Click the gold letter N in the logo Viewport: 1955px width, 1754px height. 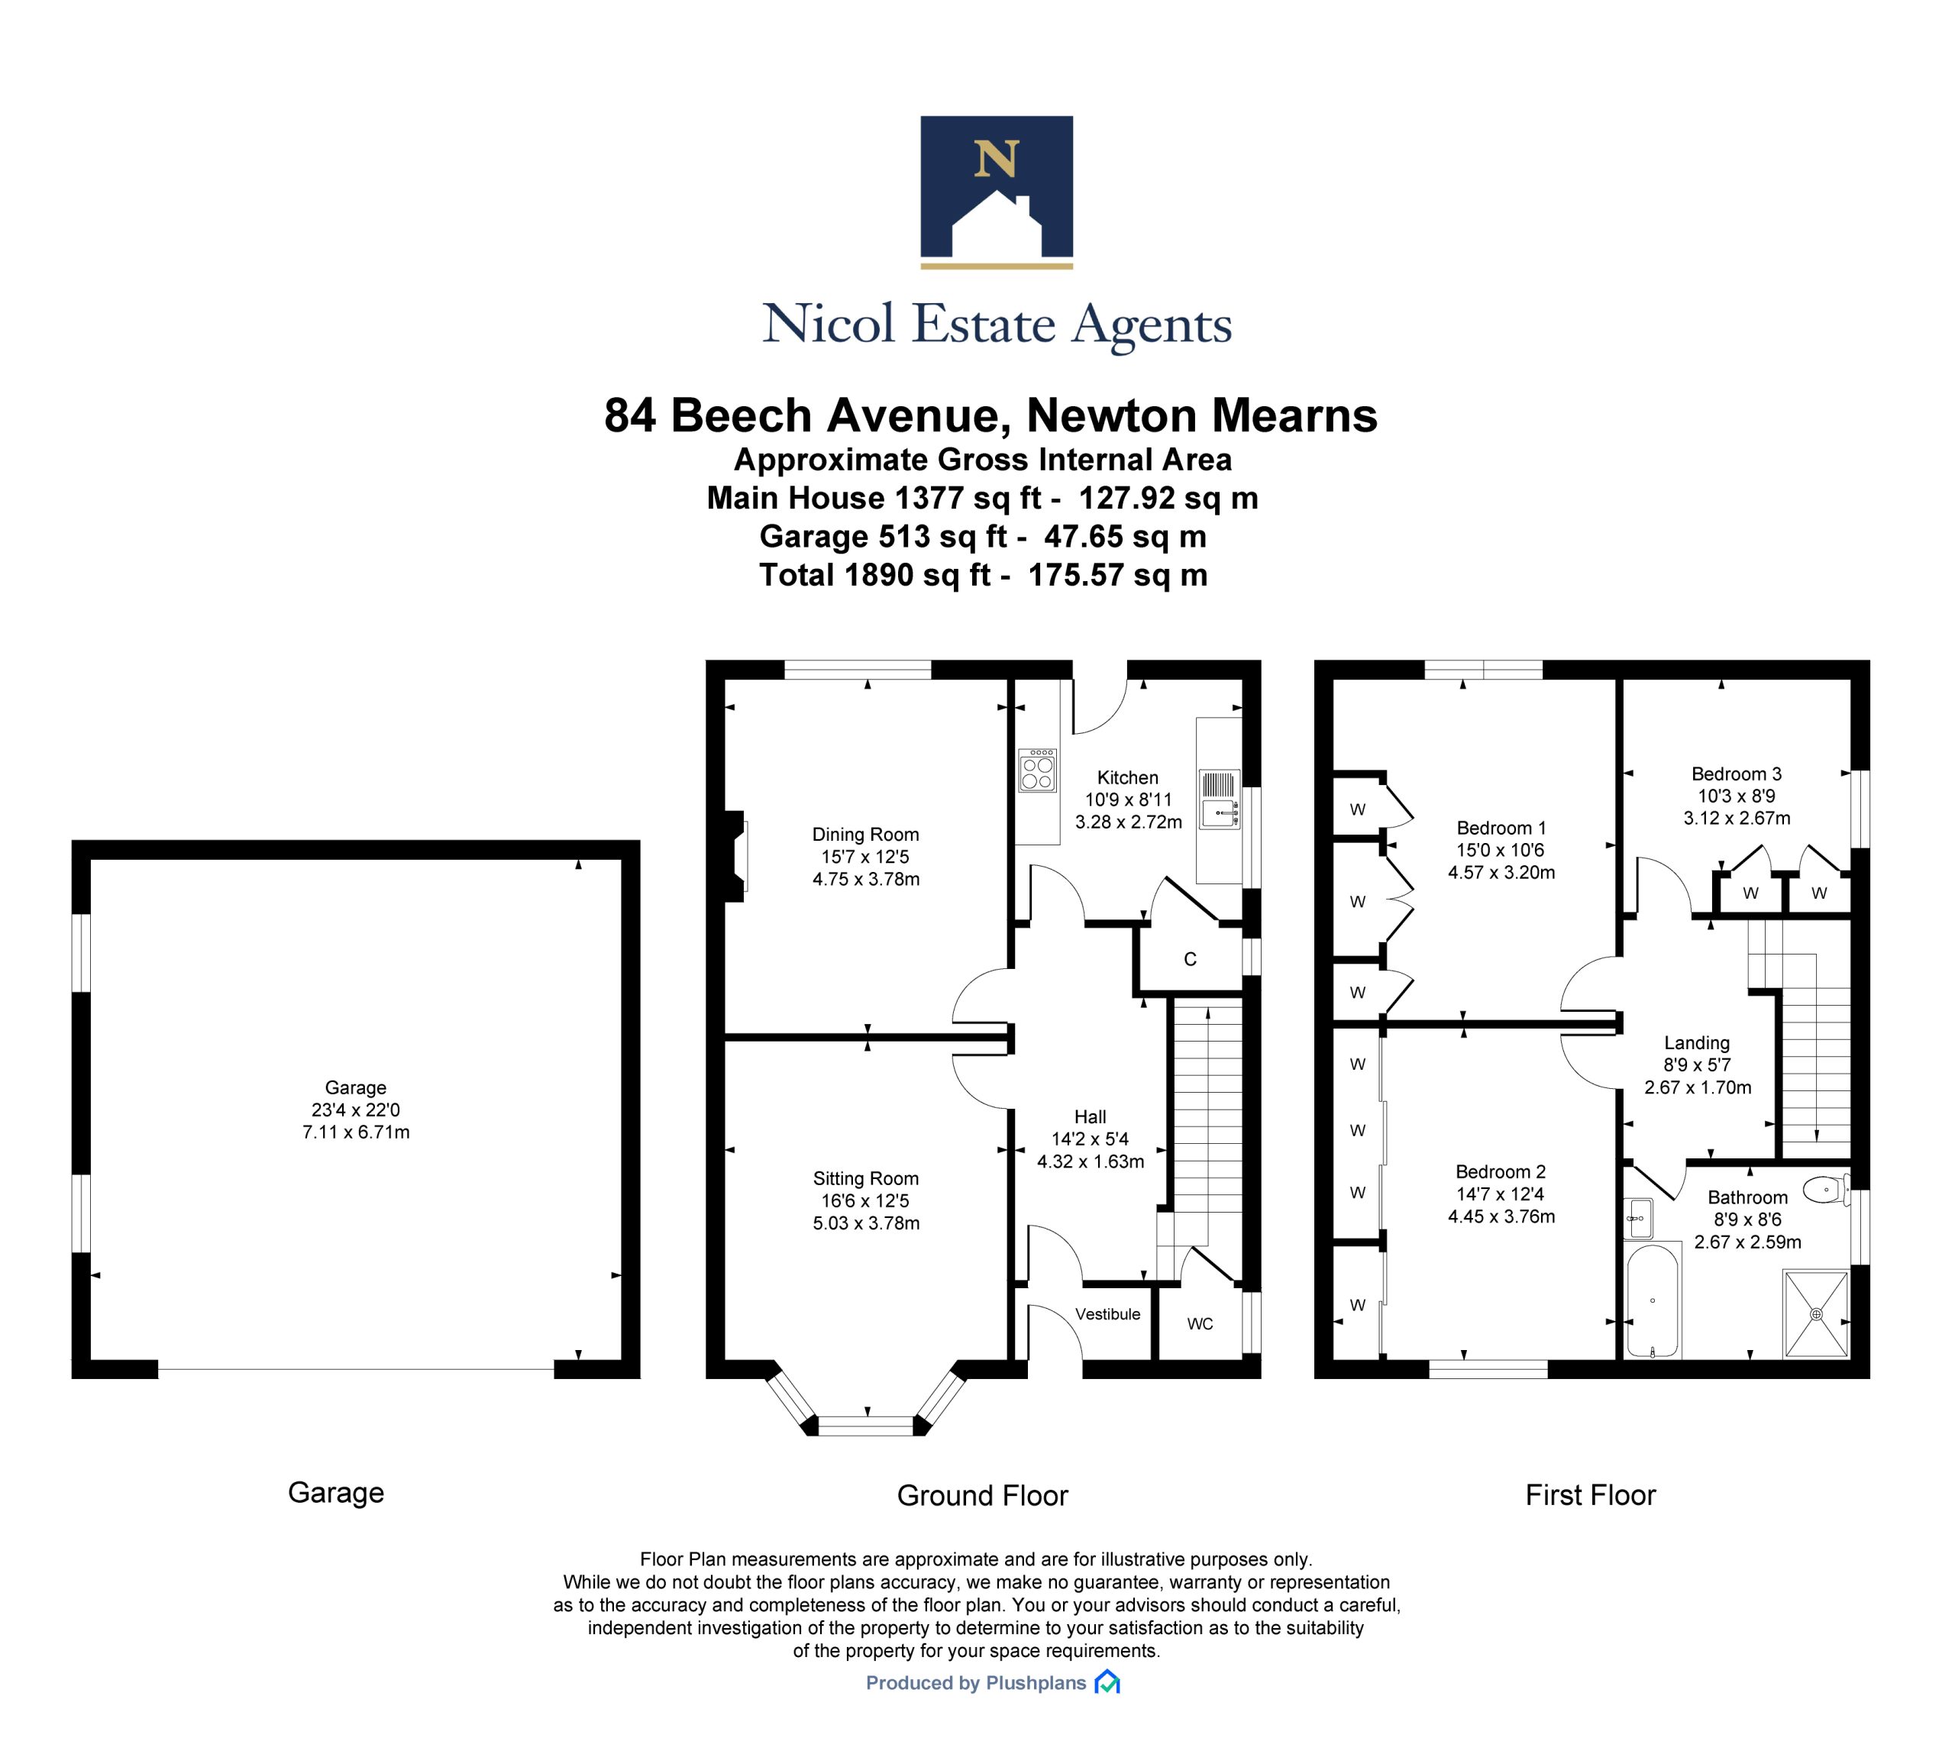tap(995, 158)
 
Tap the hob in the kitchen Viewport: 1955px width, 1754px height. tap(1037, 771)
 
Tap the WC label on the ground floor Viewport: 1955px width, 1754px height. tap(1199, 1324)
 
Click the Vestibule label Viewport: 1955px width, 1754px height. tap(1107, 1314)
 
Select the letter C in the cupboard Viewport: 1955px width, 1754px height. tap(1190, 959)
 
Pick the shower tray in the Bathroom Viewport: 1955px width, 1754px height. tap(1816, 1314)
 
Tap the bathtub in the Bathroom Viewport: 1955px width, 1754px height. tap(1653, 1299)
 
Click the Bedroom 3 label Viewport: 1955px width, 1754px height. tap(1736, 774)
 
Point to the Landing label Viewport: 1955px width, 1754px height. tap(1697, 1043)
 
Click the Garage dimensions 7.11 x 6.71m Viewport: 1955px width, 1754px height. tap(356, 1132)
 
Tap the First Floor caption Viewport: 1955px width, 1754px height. tap(1591, 1494)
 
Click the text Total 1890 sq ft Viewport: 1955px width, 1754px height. tap(875, 575)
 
